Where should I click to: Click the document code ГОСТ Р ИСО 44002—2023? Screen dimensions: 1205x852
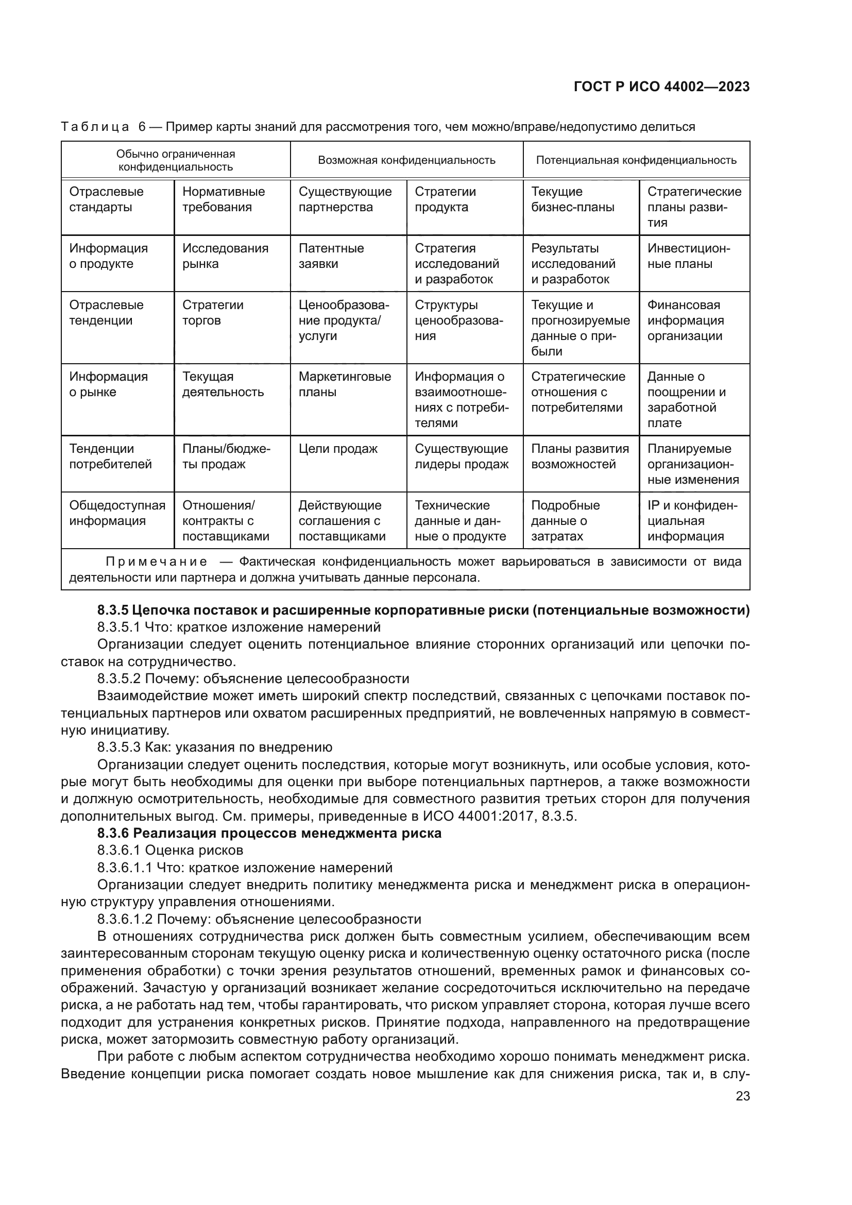click(661, 87)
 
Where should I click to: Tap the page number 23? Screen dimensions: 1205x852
click(742, 1096)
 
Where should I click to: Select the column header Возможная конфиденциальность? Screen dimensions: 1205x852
click(406, 161)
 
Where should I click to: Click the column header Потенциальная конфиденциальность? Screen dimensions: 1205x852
click(636, 161)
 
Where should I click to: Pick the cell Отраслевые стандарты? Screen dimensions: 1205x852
click(107, 199)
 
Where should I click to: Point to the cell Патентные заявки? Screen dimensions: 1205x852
click(331, 256)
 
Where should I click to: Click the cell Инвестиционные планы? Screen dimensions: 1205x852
click(688, 256)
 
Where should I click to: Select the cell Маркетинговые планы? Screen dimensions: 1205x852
click(345, 384)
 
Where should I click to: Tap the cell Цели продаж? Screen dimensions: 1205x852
click(338, 449)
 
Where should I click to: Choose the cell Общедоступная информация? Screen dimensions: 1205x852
click(117, 513)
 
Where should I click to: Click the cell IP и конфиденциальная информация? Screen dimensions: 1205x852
click(692, 521)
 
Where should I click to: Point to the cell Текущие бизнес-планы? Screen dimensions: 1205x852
click(572, 199)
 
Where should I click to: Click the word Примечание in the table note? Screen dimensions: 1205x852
click(157, 562)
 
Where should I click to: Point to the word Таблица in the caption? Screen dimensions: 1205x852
click(95, 127)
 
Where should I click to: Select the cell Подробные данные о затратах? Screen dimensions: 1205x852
click(565, 521)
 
